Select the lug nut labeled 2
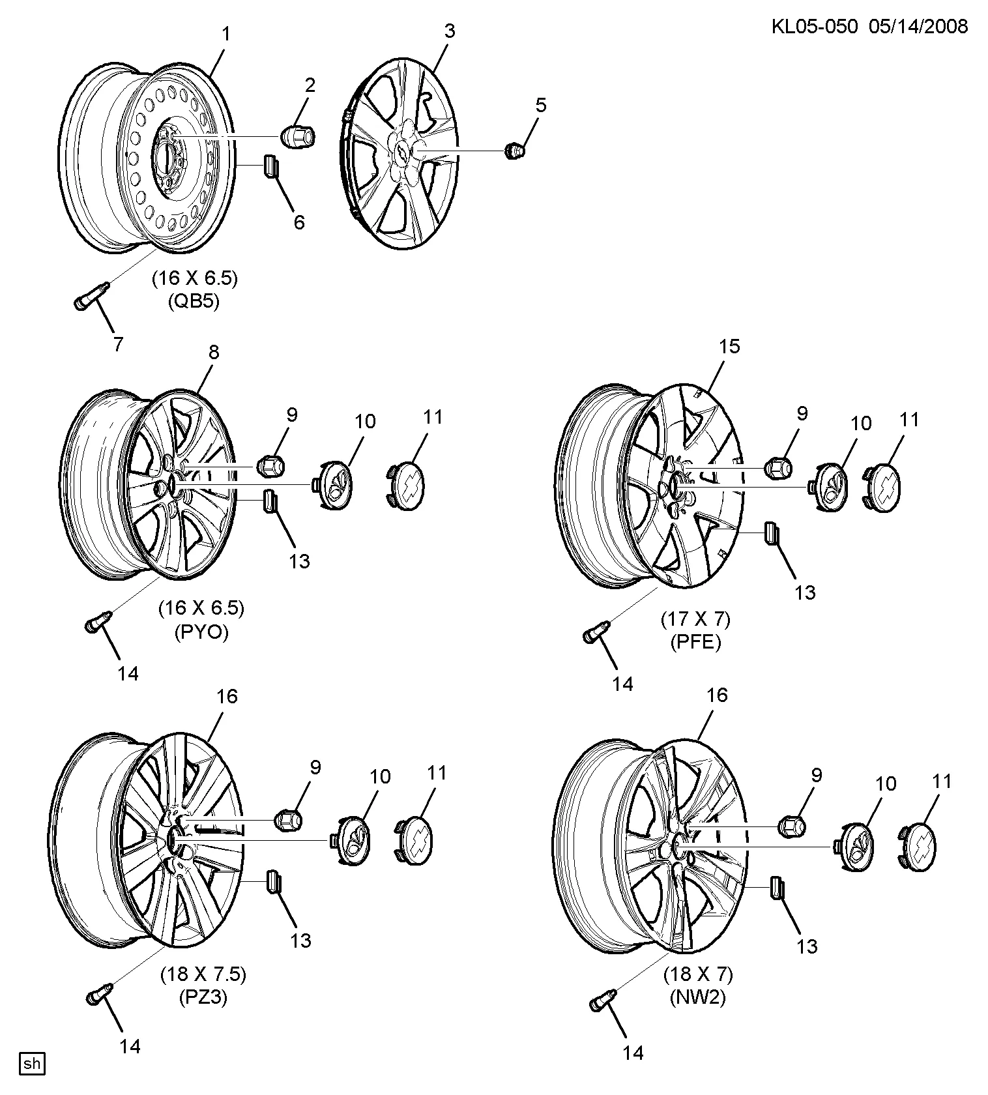click(x=297, y=136)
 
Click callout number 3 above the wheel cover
click(x=450, y=31)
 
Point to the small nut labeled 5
click(x=515, y=151)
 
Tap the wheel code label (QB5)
click(x=195, y=302)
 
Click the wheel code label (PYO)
click(x=201, y=632)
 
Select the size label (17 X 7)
click(x=696, y=619)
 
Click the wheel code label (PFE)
click(x=696, y=643)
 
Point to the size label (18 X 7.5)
click(x=203, y=974)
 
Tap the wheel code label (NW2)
click(x=698, y=998)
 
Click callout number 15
click(x=730, y=346)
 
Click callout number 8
click(x=214, y=352)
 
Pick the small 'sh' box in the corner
click(x=32, y=1064)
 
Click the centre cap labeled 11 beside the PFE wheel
click(x=883, y=488)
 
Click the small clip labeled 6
click(x=270, y=166)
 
